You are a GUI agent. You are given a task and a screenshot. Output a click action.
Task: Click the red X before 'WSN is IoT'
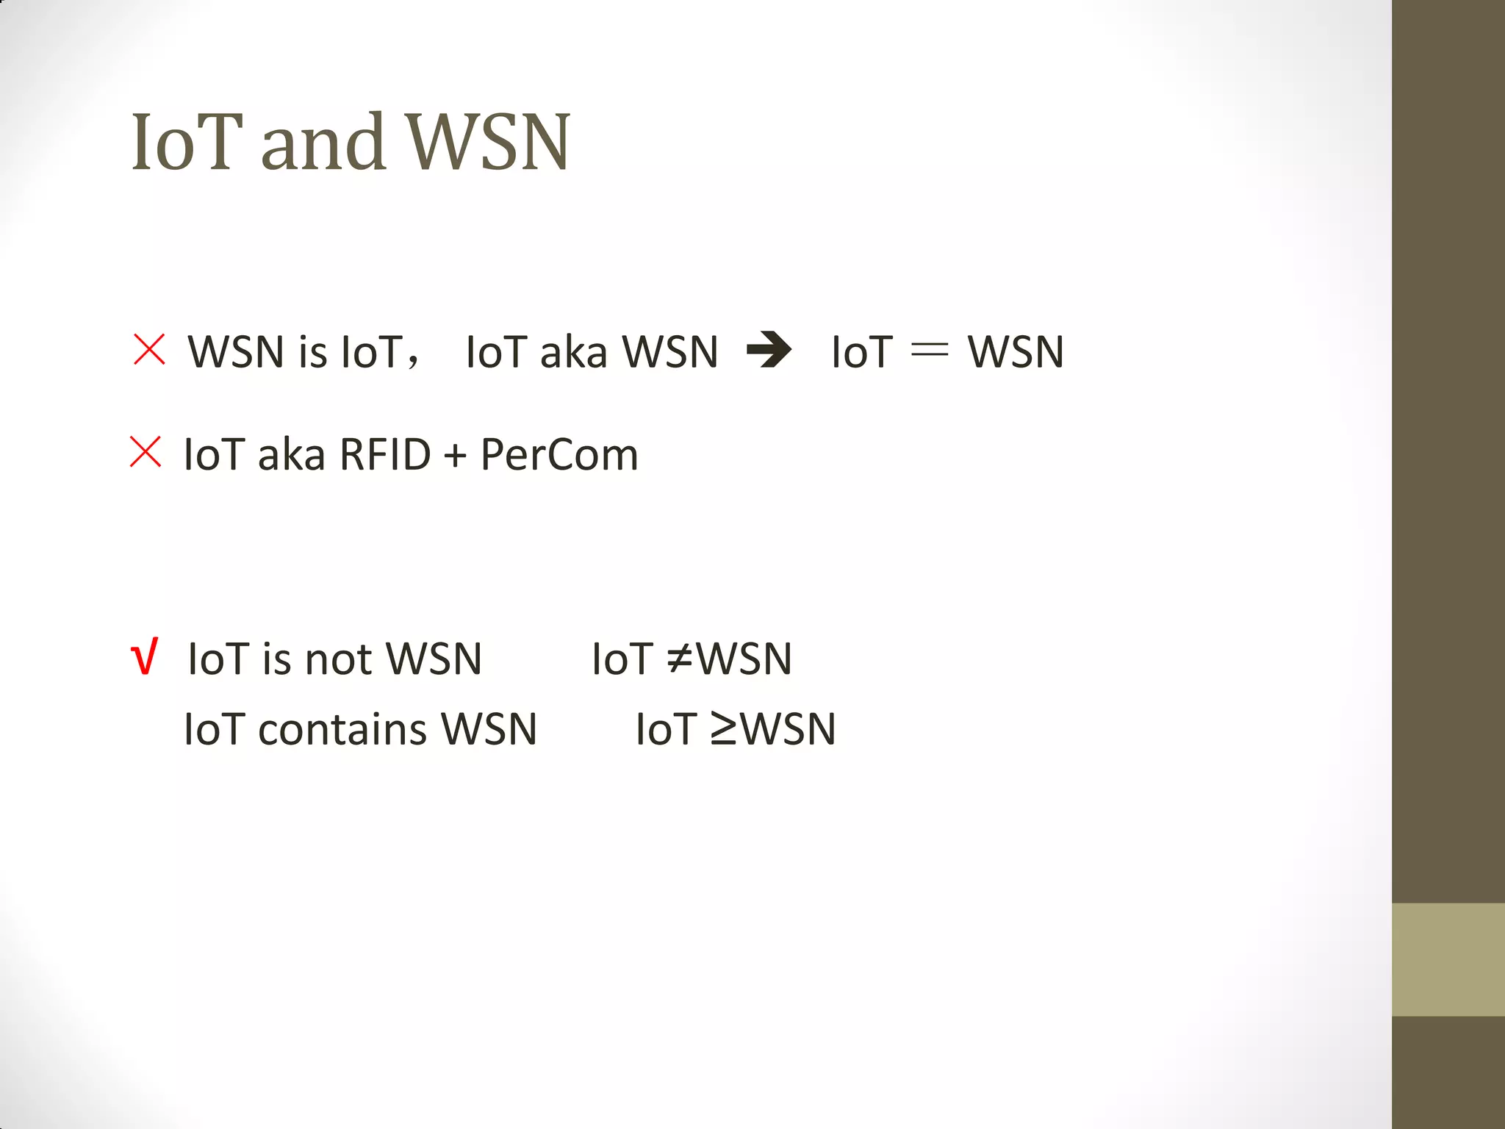tap(149, 349)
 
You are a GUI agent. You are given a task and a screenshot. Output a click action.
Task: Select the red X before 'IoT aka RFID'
tap(146, 452)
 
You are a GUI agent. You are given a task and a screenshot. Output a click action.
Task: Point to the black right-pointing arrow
tap(769, 350)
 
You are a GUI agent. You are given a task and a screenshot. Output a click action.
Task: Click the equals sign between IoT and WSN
tap(930, 351)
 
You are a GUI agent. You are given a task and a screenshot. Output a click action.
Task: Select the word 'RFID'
tap(385, 454)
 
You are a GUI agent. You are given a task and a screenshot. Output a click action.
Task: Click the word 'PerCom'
tap(559, 454)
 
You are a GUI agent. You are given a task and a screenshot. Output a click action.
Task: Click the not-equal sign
tap(680, 658)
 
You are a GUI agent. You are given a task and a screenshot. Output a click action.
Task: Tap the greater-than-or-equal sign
tap(724, 729)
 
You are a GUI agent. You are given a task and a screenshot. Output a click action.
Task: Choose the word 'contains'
tap(342, 729)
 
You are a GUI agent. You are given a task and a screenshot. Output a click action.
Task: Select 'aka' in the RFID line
tap(292, 454)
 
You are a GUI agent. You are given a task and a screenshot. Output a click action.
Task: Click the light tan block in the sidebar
tap(1448, 959)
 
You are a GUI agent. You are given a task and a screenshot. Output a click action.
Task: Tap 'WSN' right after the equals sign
tap(1016, 351)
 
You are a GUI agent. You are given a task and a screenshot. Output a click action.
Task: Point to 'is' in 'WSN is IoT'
tap(312, 351)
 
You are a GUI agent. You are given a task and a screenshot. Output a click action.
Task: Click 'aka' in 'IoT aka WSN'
tap(574, 351)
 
